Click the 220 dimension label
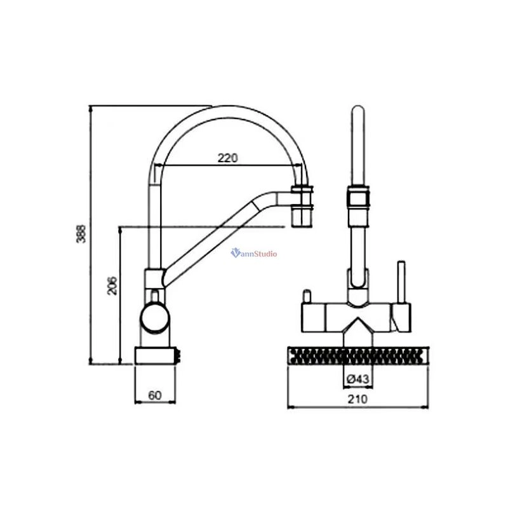point(227,158)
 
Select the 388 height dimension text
point(81,233)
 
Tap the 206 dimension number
point(112,285)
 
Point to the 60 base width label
point(154,395)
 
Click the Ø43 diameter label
point(358,378)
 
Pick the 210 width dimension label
point(358,399)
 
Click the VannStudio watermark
point(253,253)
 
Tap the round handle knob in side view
point(154,318)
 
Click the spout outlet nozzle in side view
point(303,207)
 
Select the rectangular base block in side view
point(155,355)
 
